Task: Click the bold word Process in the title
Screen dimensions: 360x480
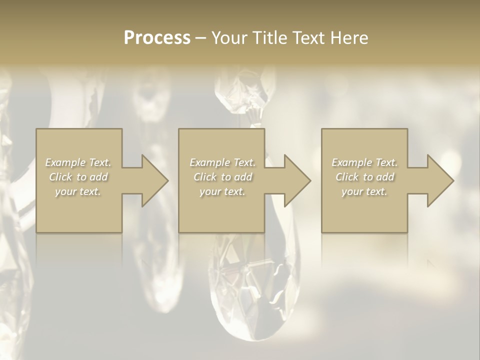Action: tap(157, 38)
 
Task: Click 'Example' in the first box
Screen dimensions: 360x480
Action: tap(65, 162)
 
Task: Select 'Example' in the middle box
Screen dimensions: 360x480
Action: tap(209, 162)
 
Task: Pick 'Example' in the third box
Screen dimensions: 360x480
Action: tap(351, 162)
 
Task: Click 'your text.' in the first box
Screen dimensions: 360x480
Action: tap(78, 191)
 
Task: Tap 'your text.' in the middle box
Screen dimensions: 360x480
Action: tap(222, 191)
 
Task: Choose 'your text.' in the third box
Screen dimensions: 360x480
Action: tap(364, 191)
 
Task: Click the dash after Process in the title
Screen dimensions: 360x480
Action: tap(200, 38)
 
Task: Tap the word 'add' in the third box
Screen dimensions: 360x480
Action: tap(385, 177)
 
